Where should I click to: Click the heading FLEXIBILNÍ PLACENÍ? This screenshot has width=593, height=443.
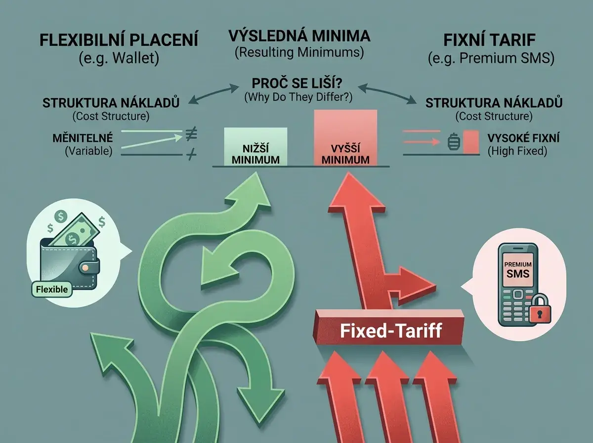pyautogui.click(x=119, y=40)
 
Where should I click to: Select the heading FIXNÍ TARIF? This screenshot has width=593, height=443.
pyautogui.click(x=490, y=40)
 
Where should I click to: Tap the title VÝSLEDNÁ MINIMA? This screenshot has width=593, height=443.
pyautogui.click(x=299, y=36)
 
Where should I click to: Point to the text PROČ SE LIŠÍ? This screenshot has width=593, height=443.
pyautogui.click(x=297, y=83)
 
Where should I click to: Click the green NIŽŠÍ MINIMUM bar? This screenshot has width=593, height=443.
pyautogui.click(x=255, y=146)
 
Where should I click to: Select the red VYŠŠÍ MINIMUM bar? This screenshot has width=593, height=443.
pyautogui.click(x=345, y=138)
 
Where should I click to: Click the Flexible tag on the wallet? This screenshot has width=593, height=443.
pyautogui.click(x=52, y=289)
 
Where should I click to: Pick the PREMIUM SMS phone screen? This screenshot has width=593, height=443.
pyautogui.click(x=517, y=269)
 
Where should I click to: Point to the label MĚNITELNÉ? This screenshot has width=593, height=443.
pyautogui.click(x=83, y=138)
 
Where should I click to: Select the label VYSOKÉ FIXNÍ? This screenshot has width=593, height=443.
pyautogui.click(x=523, y=138)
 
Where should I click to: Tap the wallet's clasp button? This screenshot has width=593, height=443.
pyautogui.click(x=85, y=267)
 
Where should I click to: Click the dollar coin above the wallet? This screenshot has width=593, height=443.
pyautogui.click(x=61, y=216)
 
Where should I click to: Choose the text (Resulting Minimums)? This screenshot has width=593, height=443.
pyautogui.click(x=299, y=52)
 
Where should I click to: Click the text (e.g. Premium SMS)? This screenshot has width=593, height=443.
pyautogui.click(x=491, y=58)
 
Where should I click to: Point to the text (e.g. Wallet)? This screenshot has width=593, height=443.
pyautogui.click(x=119, y=58)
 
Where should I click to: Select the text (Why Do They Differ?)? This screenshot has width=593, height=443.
pyautogui.click(x=298, y=97)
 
